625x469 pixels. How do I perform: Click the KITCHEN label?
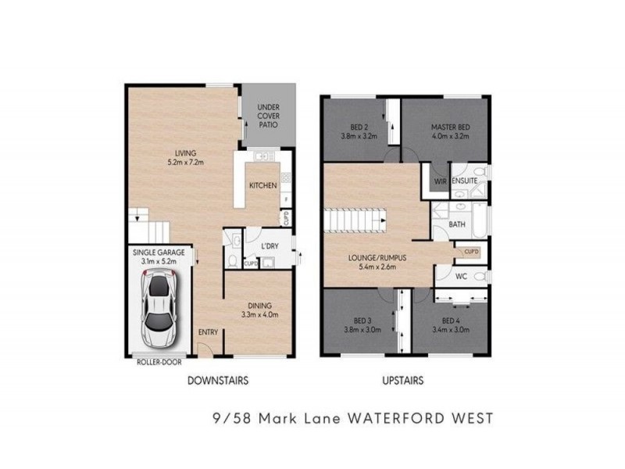[x=262, y=186]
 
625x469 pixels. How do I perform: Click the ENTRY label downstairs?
[x=208, y=332]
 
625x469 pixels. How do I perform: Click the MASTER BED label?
[x=451, y=125]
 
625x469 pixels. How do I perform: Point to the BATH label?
[x=457, y=226]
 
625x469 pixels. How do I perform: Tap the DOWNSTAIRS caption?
[x=217, y=381]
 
